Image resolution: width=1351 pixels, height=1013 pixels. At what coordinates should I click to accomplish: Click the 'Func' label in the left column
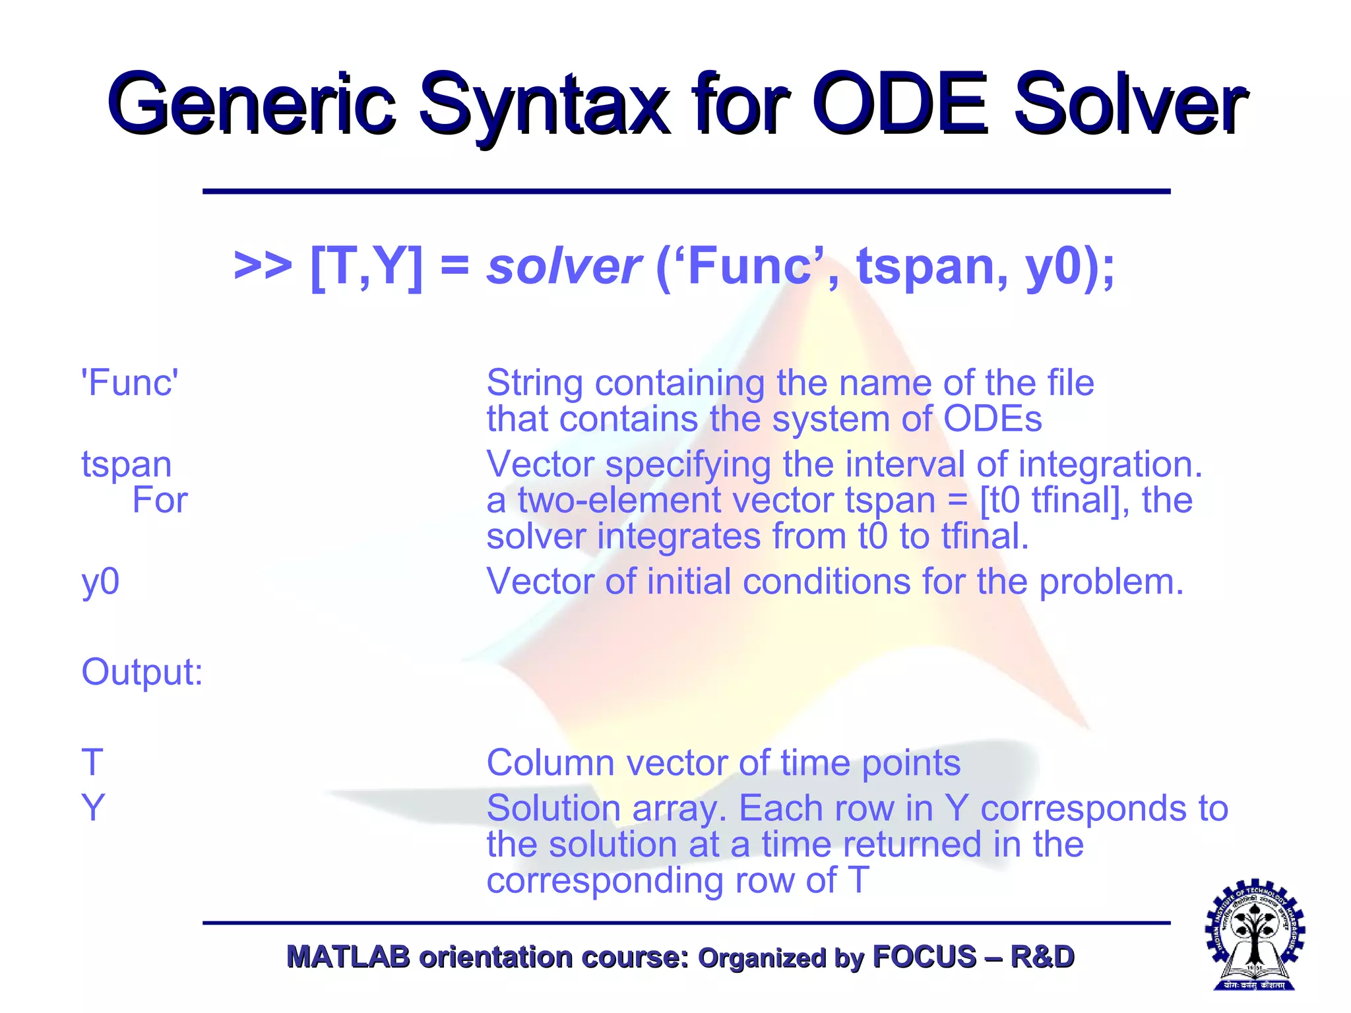[129, 383]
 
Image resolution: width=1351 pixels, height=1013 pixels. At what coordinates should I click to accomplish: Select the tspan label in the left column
[126, 464]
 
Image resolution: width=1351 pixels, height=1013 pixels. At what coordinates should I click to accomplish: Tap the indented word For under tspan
[160, 500]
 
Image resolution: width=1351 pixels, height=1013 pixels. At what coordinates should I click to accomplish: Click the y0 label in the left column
[100, 582]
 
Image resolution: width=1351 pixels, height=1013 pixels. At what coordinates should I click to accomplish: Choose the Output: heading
[142, 672]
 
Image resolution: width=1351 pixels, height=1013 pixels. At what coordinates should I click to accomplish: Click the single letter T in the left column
[92, 762]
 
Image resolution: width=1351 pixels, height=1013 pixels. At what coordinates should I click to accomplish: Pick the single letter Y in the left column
[93, 808]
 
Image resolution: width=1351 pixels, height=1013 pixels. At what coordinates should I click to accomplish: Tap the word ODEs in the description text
[992, 419]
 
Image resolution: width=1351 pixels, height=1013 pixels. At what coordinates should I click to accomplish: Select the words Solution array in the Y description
[600, 809]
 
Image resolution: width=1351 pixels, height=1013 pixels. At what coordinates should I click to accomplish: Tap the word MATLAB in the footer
[348, 957]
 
